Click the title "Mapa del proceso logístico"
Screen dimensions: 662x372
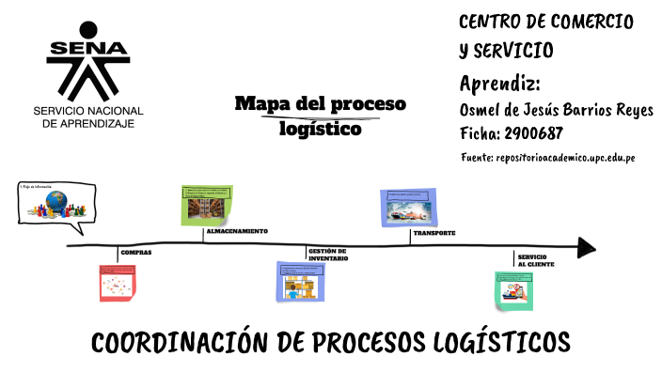(320, 116)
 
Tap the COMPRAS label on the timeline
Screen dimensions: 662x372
(136, 253)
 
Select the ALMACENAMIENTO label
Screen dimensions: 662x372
(237, 230)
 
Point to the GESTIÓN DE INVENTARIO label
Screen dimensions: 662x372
(328, 255)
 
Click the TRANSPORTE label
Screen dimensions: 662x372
(433, 232)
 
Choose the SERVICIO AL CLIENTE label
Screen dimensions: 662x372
(535, 260)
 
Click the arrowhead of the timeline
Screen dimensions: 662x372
(586, 247)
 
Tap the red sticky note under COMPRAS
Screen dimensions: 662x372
(118, 283)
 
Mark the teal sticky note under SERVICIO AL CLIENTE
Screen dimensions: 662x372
(516, 290)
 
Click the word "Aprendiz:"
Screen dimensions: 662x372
(499, 81)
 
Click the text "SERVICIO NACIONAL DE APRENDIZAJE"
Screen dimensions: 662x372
(84, 117)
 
